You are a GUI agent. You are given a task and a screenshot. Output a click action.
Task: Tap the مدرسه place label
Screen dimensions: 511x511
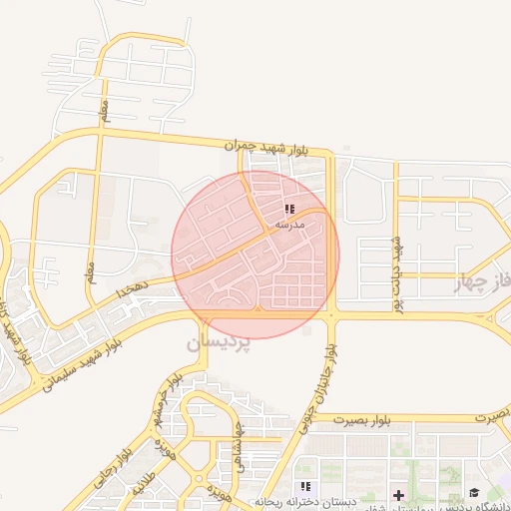[x=288, y=226]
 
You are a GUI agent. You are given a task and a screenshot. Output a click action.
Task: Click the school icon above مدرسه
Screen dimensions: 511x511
[x=288, y=210]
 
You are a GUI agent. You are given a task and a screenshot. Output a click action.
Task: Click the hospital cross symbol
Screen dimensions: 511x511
[x=398, y=494]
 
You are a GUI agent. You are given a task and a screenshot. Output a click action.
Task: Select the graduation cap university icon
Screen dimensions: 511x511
[x=473, y=492]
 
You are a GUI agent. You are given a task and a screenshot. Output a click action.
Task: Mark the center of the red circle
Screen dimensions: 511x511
[x=255, y=255]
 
